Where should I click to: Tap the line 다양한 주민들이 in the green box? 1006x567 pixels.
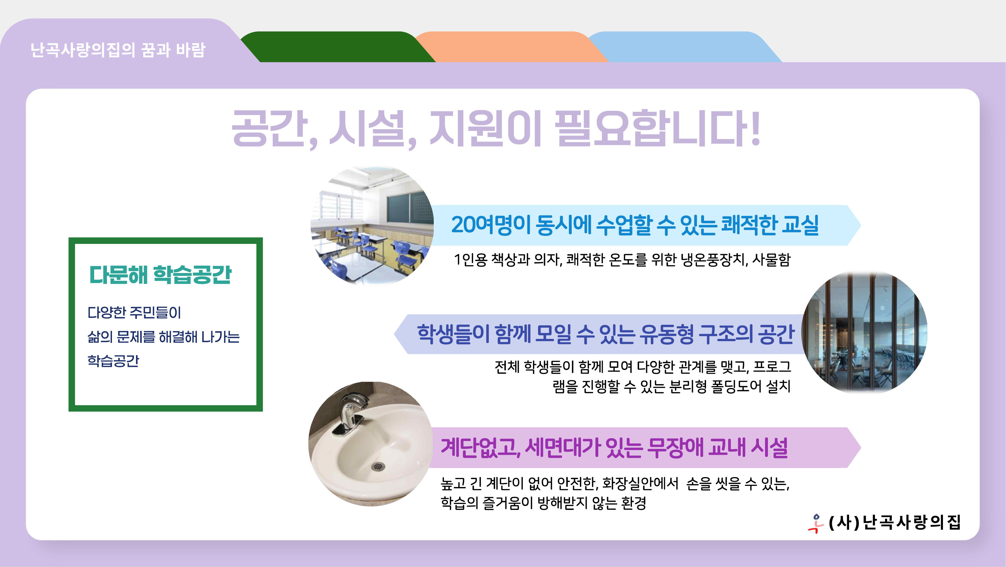(x=134, y=312)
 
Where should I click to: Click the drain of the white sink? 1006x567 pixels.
(x=377, y=466)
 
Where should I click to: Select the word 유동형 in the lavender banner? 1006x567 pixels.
(x=667, y=335)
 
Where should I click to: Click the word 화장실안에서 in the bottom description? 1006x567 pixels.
(x=640, y=483)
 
